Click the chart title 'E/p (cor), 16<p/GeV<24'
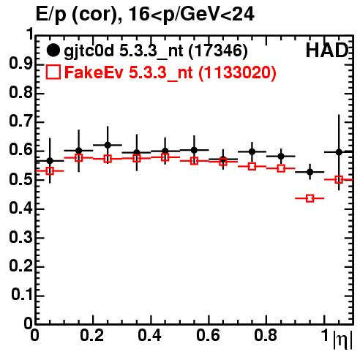pyautogui.click(x=145, y=14)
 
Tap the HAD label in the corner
pyautogui.click(x=327, y=50)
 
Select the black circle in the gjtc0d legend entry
pyautogui.click(x=53, y=50)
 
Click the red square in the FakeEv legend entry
pyautogui.click(x=53, y=72)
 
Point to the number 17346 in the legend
pyautogui.click(x=218, y=50)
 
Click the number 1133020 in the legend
pyautogui.click(x=237, y=72)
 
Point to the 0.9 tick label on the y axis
pyautogui.click(x=20, y=64)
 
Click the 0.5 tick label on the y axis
pyautogui.click(x=20, y=180)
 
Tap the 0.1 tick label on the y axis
pyautogui.click(x=21, y=294)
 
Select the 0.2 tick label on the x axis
pyautogui.click(x=92, y=335)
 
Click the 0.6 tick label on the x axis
pyautogui.click(x=208, y=335)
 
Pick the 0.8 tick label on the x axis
pyautogui.click(x=266, y=335)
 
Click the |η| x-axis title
pyautogui.click(x=342, y=340)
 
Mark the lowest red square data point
pyautogui.click(x=310, y=198)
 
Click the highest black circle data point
pyautogui.click(x=108, y=145)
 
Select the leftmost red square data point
pyautogui.click(x=50, y=171)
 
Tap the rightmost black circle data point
pyautogui.click(x=339, y=152)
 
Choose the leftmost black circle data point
pyautogui.click(x=50, y=161)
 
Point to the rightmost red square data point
pyautogui.click(x=339, y=180)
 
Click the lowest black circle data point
pyautogui.click(x=310, y=172)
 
